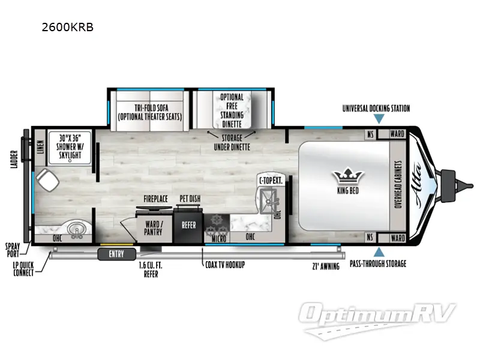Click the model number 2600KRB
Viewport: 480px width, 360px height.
click(67, 27)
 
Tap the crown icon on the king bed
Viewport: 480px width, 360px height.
click(348, 176)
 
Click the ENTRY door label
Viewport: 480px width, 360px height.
click(116, 254)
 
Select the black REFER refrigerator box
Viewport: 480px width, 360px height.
click(188, 226)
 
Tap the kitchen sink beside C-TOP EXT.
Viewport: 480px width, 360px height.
click(268, 201)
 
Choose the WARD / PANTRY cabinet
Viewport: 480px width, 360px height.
click(154, 228)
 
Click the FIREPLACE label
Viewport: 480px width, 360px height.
click(155, 199)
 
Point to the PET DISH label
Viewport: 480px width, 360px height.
click(190, 199)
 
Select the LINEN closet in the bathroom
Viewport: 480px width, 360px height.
click(40, 147)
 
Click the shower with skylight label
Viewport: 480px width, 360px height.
click(70, 146)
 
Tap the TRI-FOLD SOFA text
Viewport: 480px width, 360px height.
click(152, 108)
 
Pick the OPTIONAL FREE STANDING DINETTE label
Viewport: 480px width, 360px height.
click(232, 110)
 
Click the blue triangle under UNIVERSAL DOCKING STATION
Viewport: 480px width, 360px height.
click(379, 119)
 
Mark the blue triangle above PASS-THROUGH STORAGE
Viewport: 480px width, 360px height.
click(379, 252)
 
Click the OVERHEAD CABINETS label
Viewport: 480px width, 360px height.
click(398, 185)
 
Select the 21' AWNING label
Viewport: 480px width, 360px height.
click(326, 266)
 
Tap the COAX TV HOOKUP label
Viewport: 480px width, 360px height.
click(225, 265)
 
